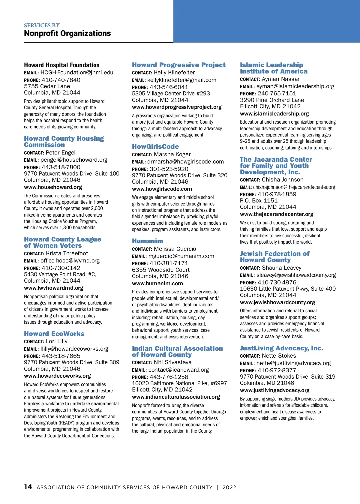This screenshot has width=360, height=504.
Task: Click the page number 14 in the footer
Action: (x=28, y=487)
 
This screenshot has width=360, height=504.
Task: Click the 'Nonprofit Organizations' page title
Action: (x=67, y=33)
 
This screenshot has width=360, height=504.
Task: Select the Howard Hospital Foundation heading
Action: (x=62, y=65)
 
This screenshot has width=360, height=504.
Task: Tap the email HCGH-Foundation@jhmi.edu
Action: (x=77, y=73)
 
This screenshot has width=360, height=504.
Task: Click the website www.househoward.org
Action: (x=53, y=187)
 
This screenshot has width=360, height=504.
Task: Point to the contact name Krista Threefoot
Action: (x=67, y=253)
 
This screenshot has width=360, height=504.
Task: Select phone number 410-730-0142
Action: (x=61, y=268)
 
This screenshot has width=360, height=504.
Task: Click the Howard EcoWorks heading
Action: (x=54, y=334)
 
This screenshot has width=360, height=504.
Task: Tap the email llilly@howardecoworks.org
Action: (x=74, y=349)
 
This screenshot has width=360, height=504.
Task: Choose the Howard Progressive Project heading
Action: (x=179, y=65)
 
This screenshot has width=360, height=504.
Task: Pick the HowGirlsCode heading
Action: (x=155, y=147)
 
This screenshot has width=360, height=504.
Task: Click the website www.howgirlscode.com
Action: (x=162, y=189)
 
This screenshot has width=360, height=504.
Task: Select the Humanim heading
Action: (x=148, y=241)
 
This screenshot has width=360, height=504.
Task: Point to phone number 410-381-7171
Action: (x=169, y=263)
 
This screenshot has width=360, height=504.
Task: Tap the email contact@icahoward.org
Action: (x=178, y=370)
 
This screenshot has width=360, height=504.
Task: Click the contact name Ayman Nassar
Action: (x=280, y=79)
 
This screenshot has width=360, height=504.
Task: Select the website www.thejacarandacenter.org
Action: (x=277, y=214)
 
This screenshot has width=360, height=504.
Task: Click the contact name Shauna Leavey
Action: (x=281, y=268)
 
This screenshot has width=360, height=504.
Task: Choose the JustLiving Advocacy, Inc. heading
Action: (x=281, y=348)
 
